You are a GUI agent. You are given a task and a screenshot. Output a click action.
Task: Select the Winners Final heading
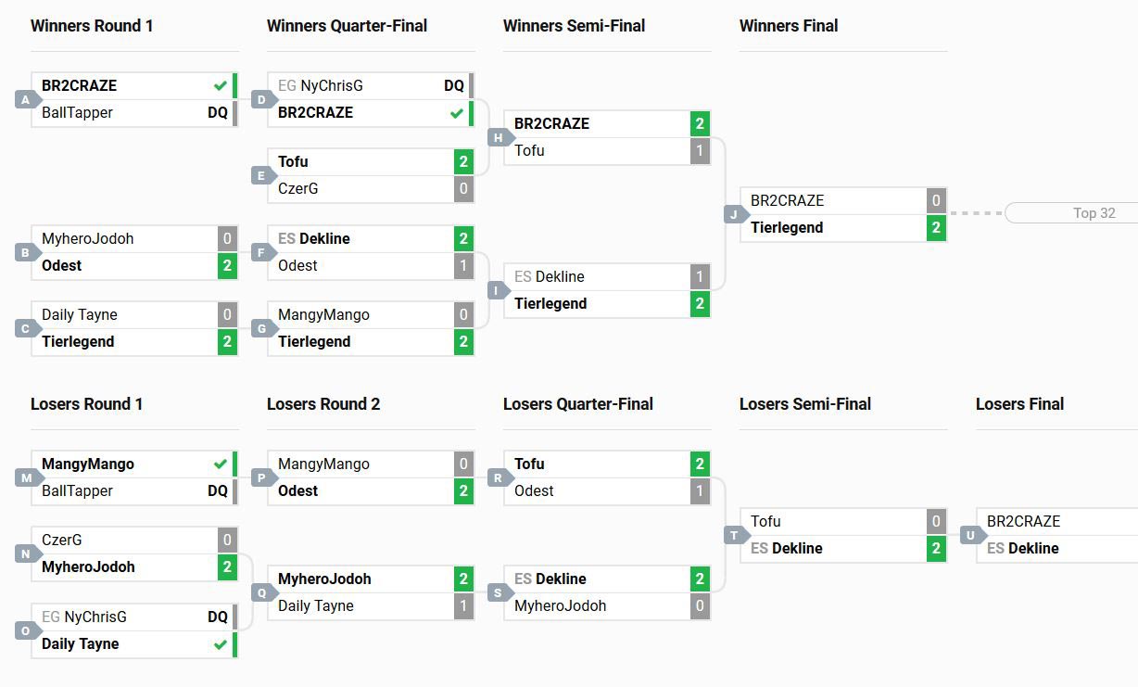coord(789,26)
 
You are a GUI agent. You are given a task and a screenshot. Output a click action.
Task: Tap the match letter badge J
coord(734,214)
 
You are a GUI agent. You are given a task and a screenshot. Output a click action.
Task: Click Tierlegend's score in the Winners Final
coord(936,228)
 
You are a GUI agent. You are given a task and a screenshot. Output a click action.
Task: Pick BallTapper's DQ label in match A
coord(218,113)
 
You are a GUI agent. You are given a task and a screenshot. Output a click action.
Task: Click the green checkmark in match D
coord(456,113)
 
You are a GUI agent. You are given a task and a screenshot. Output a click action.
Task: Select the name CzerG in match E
coord(298,189)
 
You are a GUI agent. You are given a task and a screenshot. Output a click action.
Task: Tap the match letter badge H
coord(498,137)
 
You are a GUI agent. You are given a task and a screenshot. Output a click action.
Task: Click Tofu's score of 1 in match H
coord(700,151)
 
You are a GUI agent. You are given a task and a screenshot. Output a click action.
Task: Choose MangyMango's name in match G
coord(323,315)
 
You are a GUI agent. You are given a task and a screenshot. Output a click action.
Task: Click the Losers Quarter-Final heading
coord(578,404)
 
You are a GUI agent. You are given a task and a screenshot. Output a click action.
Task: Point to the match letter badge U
coord(970,535)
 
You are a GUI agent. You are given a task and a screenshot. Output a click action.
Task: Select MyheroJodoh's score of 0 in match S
coord(700,606)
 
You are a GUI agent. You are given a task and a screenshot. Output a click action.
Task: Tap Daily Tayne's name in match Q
coord(316,606)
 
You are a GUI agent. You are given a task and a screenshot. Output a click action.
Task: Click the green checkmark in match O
coord(220,644)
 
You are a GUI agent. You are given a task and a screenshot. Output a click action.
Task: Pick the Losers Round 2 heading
coord(323,404)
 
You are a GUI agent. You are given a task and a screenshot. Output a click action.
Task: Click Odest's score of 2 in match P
coord(463,491)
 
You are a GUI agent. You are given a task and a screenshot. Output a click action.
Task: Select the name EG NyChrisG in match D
coord(321,86)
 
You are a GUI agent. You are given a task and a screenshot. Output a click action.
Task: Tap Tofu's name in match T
coord(765,522)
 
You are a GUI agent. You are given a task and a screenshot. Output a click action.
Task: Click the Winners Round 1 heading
coord(92,26)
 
